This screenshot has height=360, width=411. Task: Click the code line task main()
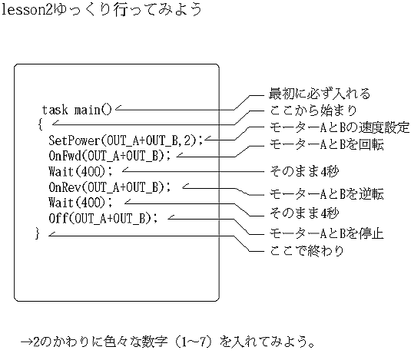77,110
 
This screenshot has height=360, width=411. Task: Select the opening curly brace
40,124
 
